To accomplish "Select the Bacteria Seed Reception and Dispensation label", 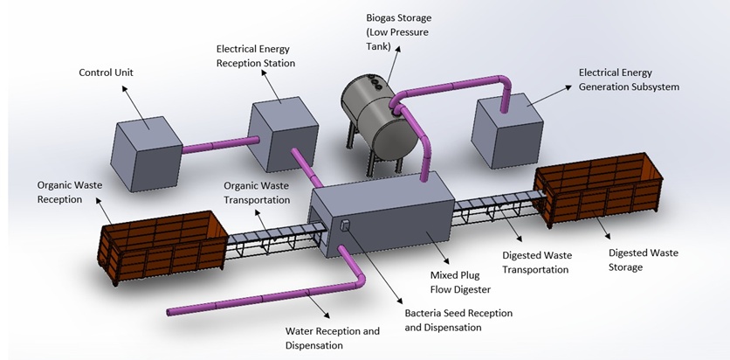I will pos(458,320).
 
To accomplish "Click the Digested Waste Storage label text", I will pos(643,260).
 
